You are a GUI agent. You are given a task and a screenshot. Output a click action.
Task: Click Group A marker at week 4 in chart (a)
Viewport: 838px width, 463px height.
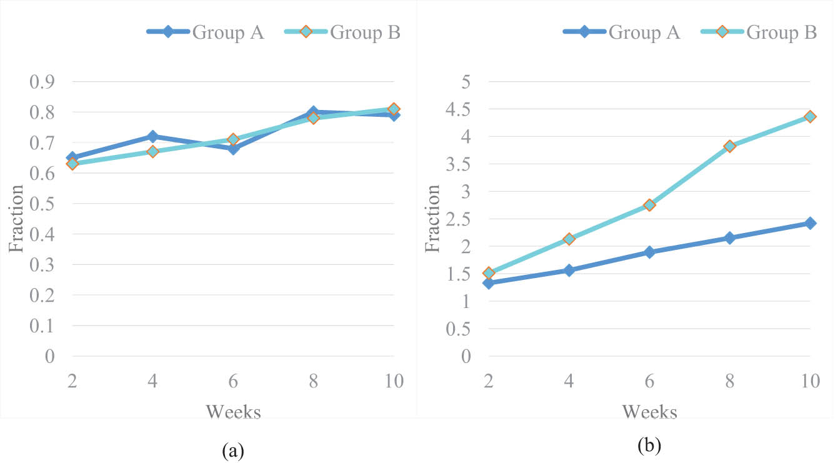(x=152, y=136)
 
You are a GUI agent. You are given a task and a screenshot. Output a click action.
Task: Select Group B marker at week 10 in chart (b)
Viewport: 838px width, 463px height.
(x=810, y=116)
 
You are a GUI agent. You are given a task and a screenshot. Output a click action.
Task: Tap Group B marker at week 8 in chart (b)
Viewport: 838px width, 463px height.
(x=729, y=146)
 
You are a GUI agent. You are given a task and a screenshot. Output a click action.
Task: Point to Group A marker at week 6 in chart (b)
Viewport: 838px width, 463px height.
(x=649, y=252)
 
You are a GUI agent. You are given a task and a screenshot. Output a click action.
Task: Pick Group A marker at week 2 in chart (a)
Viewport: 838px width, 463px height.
(x=72, y=158)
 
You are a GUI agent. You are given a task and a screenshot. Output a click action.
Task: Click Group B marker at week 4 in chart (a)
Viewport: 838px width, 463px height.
(x=152, y=151)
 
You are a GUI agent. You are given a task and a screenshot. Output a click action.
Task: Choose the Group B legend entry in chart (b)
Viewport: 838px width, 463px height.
(x=759, y=32)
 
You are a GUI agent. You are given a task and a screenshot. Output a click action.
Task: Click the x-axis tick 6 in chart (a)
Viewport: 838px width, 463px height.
(x=232, y=381)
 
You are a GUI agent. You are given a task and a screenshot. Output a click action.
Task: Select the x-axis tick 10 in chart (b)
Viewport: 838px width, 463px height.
(x=810, y=381)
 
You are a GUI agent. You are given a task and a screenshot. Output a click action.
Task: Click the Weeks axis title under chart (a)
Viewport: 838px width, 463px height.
(x=233, y=412)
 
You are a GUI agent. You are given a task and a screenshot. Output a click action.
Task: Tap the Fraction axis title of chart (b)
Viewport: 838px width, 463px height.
(x=432, y=218)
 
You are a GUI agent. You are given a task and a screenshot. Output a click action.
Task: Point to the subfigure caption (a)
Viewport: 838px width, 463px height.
(x=232, y=450)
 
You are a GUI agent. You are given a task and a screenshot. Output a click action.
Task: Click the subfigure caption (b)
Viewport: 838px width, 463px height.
(x=649, y=446)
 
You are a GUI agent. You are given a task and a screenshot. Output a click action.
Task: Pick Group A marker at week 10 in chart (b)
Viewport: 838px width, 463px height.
(x=810, y=223)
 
